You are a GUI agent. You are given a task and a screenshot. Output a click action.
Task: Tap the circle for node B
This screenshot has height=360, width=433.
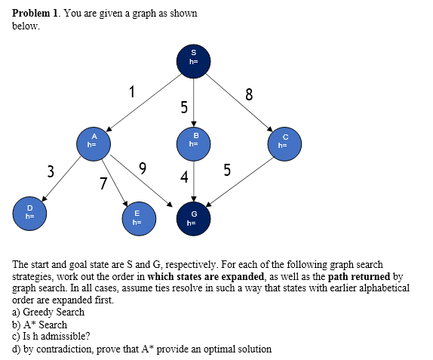[x=194, y=140]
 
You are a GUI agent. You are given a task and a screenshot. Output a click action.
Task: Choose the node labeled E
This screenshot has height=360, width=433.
[x=137, y=218]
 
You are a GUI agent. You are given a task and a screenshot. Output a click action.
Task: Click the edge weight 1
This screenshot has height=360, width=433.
[x=133, y=94]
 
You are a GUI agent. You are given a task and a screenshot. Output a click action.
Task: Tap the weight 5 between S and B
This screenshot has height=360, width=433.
[x=183, y=108]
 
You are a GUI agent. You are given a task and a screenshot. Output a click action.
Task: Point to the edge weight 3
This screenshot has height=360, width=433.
[x=51, y=171]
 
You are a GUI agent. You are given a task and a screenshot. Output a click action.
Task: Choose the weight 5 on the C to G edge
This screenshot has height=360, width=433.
[x=227, y=171]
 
